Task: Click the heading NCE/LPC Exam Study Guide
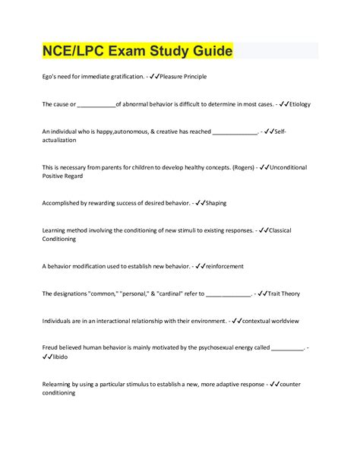137,52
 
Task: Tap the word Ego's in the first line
50,77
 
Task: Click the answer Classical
280,230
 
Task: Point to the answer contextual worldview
276,321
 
